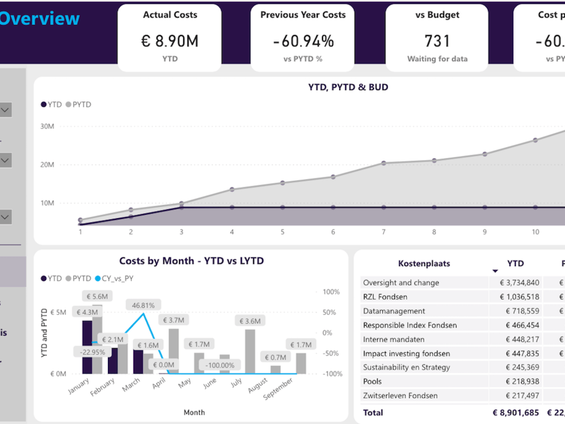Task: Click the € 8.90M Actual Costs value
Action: click(x=169, y=41)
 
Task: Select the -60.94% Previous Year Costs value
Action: click(x=303, y=41)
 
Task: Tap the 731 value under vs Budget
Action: click(x=437, y=41)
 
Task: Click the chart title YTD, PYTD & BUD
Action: click(x=348, y=87)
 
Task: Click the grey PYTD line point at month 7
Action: click(x=384, y=163)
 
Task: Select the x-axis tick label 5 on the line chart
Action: click(x=282, y=232)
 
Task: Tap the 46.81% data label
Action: click(x=144, y=305)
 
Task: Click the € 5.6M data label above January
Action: click(x=97, y=296)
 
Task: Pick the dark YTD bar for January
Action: click(x=87, y=347)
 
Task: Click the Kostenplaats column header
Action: click(x=424, y=263)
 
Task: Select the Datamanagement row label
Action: click(x=394, y=311)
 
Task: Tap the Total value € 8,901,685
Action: click(x=515, y=413)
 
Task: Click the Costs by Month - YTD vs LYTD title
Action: click(x=192, y=261)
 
